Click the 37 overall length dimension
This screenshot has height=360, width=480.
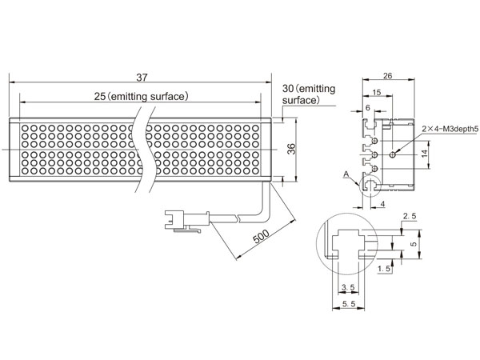pyautogui.click(x=142, y=78)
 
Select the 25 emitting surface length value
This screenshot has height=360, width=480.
pyautogui.click(x=99, y=97)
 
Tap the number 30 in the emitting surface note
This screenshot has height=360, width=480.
pyautogui.click(x=288, y=89)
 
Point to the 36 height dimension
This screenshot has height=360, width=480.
pyautogui.click(x=292, y=149)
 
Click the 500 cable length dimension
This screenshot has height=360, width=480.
pyautogui.click(x=261, y=236)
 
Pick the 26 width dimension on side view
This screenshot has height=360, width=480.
pyautogui.click(x=387, y=76)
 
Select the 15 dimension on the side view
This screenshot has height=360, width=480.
pyautogui.click(x=377, y=92)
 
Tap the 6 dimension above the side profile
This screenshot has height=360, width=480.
pyautogui.click(x=368, y=107)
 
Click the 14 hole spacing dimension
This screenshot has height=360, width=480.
pyautogui.click(x=424, y=154)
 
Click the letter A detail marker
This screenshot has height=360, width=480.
pyautogui.click(x=346, y=174)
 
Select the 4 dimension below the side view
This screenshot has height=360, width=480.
pyautogui.click(x=382, y=203)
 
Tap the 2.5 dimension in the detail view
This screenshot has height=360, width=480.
pyautogui.click(x=410, y=216)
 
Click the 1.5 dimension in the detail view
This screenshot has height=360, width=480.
pyautogui.click(x=385, y=269)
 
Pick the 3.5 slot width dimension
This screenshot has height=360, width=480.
pyautogui.click(x=348, y=287)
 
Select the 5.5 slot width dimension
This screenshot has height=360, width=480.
pyautogui.click(x=349, y=304)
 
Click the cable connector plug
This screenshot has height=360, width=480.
pyautogui.click(x=186, y=220)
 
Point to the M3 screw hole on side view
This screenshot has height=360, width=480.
pyautogui.click(x=393, y=155)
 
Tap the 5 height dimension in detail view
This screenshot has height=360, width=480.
pyautogui.click(x=414, y=244)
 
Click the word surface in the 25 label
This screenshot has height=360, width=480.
pyautogui.click(x=167, y=97)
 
